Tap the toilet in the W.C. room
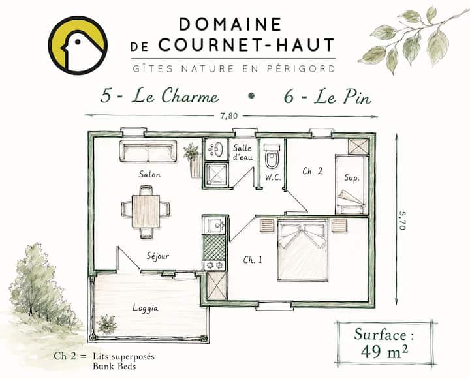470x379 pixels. (x=272, y=157)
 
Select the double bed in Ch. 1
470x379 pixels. (x=302, y=250)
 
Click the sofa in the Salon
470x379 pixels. (x=148, y=151)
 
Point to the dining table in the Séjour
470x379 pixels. (x=146, y=211)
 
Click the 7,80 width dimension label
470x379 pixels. (x=229, y=116)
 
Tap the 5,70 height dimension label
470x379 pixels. (x=402, y=220)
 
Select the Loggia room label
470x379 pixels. (x=146, y=309)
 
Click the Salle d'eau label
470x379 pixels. (x=243, y=152)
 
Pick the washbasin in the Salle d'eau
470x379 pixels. (x=215, y=149)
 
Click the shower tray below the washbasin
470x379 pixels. (x=216, y=174)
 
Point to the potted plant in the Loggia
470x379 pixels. (x=106, y=324)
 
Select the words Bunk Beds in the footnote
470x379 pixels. (x=114, y=367)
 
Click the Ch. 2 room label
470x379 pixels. (x=313, y=171)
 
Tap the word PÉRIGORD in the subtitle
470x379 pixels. (x=301, y=68)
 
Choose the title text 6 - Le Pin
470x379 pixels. (x=328, y=97)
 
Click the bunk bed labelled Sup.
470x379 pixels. (x=352, y=184)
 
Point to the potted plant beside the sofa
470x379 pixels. (x=193, y=159)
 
